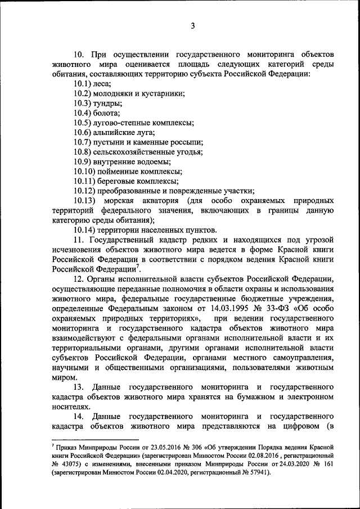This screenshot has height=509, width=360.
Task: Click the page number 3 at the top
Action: click(192, 26)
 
